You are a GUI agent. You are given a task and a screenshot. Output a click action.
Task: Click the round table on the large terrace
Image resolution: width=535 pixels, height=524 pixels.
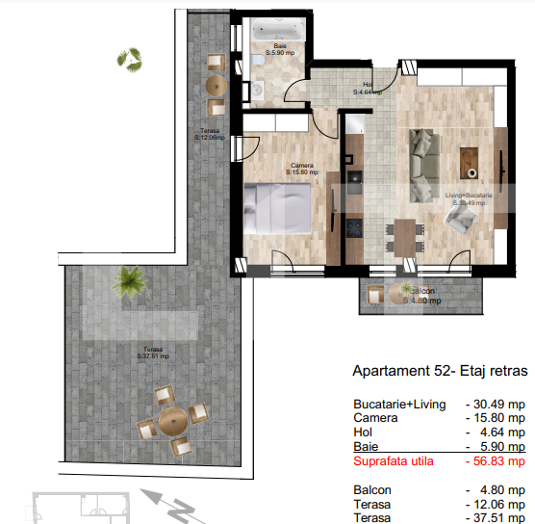(172, 419)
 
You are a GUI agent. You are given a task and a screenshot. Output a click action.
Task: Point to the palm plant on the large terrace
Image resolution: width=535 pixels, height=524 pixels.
(125, 281)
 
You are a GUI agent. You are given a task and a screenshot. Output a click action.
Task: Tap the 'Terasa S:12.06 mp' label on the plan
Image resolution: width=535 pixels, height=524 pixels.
(209, 135)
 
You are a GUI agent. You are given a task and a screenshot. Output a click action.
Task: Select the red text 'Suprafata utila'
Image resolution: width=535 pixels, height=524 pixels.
(394, 461)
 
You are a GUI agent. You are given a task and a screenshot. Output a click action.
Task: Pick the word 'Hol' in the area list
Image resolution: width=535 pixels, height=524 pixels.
(362, 432)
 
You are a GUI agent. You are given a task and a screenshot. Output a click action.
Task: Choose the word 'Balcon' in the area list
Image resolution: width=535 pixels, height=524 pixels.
(371, 488)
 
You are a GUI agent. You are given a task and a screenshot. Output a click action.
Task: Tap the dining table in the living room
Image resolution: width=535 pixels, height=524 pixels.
(405, 233)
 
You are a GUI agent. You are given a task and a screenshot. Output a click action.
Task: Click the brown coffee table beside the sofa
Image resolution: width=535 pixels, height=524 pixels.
(471, 159)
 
